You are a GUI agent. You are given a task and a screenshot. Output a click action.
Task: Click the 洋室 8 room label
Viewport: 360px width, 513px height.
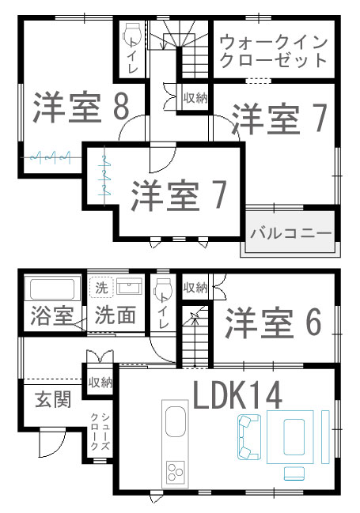81,108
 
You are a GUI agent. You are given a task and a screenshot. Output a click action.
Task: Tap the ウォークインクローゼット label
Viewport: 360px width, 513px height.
274,51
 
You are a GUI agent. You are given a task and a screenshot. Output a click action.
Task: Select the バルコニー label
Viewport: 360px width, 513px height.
291,233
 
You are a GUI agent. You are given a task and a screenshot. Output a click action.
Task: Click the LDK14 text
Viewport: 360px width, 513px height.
237,395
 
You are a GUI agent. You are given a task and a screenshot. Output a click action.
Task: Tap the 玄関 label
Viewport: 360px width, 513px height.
53,399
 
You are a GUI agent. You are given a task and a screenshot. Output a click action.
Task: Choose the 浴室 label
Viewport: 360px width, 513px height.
51,315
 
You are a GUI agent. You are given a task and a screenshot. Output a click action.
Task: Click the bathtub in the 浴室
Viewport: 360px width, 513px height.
52,289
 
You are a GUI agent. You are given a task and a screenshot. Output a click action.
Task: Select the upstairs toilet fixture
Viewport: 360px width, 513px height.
131,34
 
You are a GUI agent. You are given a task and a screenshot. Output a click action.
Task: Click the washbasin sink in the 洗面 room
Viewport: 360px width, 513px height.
130,287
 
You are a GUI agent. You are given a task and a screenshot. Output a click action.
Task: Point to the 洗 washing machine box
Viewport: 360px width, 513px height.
101,288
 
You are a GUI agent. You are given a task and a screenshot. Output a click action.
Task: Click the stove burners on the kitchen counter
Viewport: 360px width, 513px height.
175,472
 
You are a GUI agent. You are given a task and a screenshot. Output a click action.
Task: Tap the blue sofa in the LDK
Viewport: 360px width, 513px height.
248,437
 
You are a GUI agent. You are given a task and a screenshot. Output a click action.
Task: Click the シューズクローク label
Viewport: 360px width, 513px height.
100,432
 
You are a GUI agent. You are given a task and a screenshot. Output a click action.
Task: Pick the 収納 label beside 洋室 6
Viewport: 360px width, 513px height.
195,288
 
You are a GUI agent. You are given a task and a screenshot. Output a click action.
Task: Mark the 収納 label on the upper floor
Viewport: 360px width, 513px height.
195,97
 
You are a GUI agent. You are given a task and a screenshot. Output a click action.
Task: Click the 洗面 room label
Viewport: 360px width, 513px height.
115,315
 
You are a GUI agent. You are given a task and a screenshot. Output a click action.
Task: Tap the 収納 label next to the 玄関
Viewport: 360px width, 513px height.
100,382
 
